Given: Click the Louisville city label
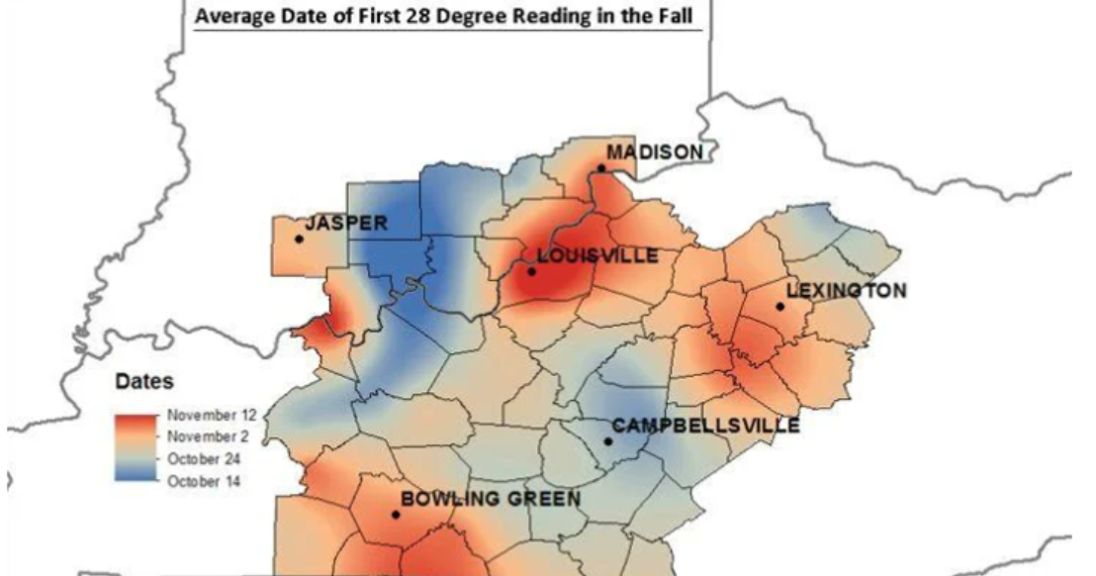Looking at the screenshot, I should pyautogui.click(x=599, y=256).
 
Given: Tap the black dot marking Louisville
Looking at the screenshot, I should pyautogui.click(x=531, y=271).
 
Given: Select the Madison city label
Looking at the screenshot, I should pyautogui.click(x=655, y=151).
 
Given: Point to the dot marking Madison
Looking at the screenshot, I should pyautogui.click(x=600, y=168).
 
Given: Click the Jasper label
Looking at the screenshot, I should pyautogui.click(x=346, y=224).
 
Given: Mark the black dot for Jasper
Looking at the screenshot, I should pyautogui.click(x=299, y=239).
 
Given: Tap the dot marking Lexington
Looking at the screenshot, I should pyautogui.click(x=779, y=307).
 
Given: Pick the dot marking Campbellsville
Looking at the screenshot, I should pyautogui.click(x=607, y=441).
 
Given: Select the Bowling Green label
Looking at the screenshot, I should pyautogui.click(x=490, y=498).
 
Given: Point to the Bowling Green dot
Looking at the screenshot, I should pyautogui.click(x=396, y=515).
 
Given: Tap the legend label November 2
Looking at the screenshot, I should pyautogui.click(x=206, y=435).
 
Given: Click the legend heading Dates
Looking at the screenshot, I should pyautogui.click(x=145, y=381).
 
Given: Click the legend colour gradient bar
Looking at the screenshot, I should pyautogui.click(x=137, y=446).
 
